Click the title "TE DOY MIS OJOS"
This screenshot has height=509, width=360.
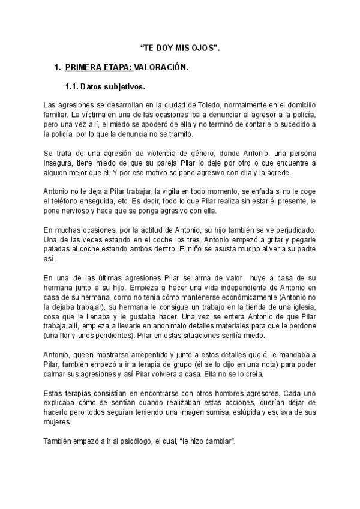(179, 47)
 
